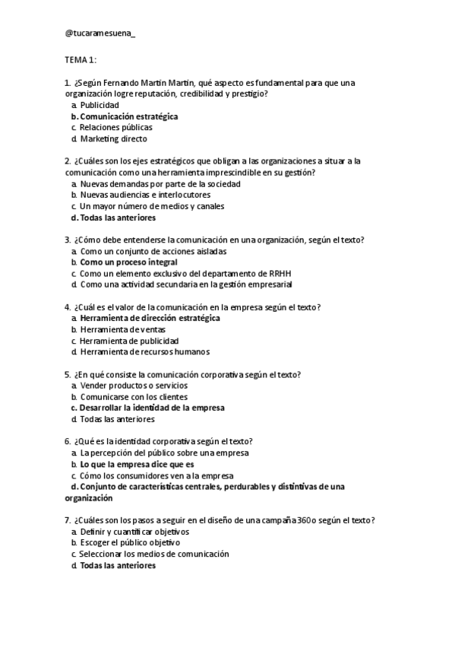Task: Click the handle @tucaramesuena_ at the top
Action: click(101, 33)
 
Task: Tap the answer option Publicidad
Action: click(100, 105)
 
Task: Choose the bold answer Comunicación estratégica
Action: click(129, 116)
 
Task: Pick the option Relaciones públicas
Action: click(115, 128)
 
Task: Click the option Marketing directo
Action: click(113, 139)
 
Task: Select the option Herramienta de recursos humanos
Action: click(144, 352)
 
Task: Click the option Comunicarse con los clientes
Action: click(134, 397)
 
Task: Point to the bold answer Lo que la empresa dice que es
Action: click(137, 464)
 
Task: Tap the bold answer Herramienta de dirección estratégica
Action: click(150, 318)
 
